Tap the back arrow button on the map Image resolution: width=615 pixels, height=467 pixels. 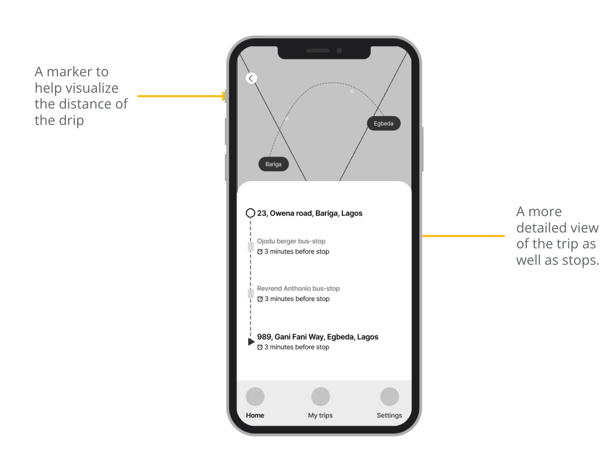coord(251,78)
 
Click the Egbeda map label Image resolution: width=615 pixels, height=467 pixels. coord(383,123)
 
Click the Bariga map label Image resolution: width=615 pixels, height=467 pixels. coord(273,164)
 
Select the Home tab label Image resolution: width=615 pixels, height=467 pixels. coord(255,415)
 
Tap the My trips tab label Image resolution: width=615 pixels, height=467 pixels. coord(320,415)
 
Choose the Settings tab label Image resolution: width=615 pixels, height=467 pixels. coord(389,415)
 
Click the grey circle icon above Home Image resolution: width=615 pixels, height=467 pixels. coord(255,396)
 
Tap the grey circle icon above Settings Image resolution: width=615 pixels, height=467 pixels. coord(390,396)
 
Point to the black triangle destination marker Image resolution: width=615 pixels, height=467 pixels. coord(251,342)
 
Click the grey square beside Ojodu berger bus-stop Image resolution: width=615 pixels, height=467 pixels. coord(251,246)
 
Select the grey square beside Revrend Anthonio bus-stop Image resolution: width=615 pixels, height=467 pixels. coord(251,293)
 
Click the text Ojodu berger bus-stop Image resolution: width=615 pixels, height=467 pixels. coord(291,241)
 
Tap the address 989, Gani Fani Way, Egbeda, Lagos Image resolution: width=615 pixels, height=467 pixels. coord(318,337)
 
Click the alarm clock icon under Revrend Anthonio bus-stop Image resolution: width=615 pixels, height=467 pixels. coord(260,299)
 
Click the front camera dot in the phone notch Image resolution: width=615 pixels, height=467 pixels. coord(339,51)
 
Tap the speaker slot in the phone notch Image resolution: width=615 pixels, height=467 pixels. coord(318,51)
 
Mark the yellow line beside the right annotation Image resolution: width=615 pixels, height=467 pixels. coord(463,236)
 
